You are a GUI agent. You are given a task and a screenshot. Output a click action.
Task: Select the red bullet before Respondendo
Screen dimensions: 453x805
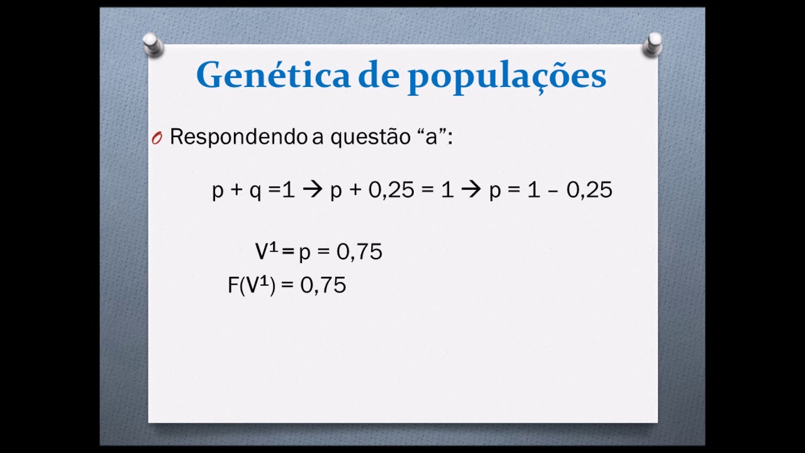[x=157, y=138]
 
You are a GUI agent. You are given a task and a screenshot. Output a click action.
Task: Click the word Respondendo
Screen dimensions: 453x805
[x=239, y=137]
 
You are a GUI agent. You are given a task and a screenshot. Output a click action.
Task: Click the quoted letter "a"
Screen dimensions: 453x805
[x=431, y=137]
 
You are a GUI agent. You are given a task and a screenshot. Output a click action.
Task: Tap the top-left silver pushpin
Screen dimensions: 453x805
[x=152, y=45]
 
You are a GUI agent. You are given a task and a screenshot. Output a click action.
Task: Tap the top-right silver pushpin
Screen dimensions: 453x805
[x=653, y=45]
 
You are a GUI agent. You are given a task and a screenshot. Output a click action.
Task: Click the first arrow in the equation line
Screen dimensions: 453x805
[x=312, y=190]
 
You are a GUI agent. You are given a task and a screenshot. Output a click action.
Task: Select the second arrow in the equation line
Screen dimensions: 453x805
[x=470, y=190]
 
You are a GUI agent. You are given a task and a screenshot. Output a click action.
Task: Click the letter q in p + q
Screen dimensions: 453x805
[x=255, y=191]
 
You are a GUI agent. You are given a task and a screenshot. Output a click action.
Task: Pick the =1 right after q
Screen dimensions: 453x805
[x=281, y=190]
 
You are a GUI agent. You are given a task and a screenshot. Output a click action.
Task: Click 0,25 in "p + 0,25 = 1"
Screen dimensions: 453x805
[x=391, y=190]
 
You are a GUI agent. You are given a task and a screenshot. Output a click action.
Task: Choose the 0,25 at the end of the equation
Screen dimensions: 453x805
[x=589, y=190]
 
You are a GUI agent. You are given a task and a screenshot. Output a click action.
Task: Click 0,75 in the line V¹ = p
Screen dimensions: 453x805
[x=359, y=252]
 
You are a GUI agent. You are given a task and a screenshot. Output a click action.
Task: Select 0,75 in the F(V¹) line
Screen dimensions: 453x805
[x=323, y=286]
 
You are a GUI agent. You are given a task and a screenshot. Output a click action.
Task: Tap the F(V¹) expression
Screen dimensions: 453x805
[x=252, y=286]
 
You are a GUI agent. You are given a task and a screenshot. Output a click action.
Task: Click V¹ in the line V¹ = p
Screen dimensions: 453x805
[x=266, y=252]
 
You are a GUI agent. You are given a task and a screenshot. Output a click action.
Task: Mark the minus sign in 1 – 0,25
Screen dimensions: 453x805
[x=553, y=191]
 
